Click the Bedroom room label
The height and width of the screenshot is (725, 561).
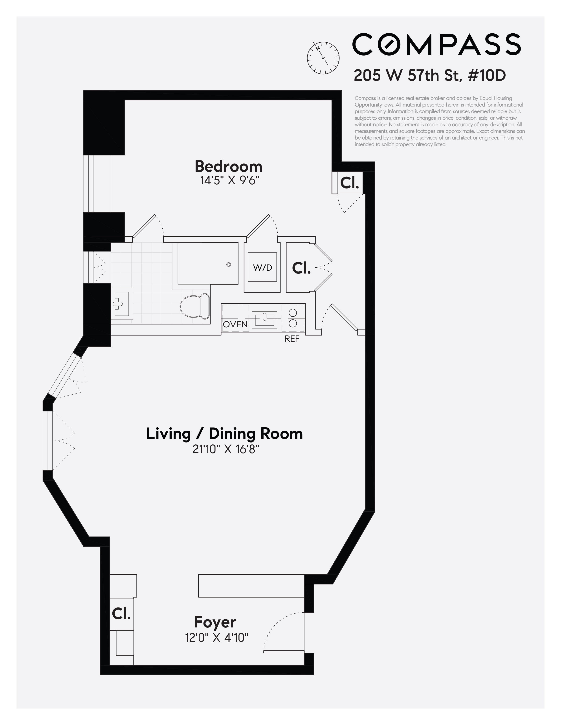[228, 167]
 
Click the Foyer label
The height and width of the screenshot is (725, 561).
[215, 622]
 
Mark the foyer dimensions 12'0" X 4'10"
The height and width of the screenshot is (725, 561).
[217, 638]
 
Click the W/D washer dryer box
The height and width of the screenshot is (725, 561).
[262, 267]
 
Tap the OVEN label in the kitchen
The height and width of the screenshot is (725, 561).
[235, 324]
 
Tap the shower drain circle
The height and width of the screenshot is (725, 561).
[228, 265]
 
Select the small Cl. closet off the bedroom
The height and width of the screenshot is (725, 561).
[350, 183]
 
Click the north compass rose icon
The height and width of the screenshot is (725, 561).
[323, 58]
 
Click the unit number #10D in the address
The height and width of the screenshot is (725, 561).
[487, 75]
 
